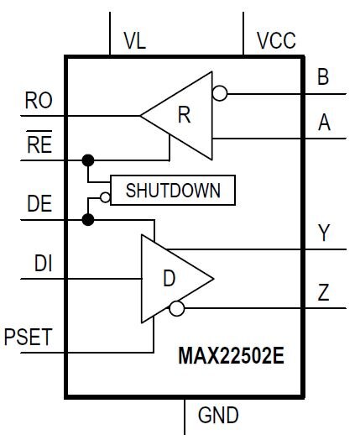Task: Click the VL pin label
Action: click(135, 41)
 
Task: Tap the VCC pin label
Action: click(276, 40)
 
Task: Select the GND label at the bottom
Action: click(218, 415)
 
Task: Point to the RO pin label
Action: click(39, 100)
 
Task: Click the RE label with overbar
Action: click(39, 142)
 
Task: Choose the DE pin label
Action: click(39, 203)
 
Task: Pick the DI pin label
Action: click(43, 263)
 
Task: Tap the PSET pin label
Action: click(28, 337)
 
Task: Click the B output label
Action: click(323, 76)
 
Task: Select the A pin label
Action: click(324, 123)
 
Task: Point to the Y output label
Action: click(324, 233)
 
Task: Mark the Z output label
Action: click(323, 292)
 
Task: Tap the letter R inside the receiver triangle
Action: click(185, 115)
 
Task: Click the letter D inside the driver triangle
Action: click(169, 278)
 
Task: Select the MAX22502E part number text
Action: click(232, 356)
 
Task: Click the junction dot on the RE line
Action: click(88, 160)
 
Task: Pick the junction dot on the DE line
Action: click(88, 219)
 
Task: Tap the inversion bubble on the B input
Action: click(220, 93)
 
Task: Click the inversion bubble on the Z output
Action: click(177, 308)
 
